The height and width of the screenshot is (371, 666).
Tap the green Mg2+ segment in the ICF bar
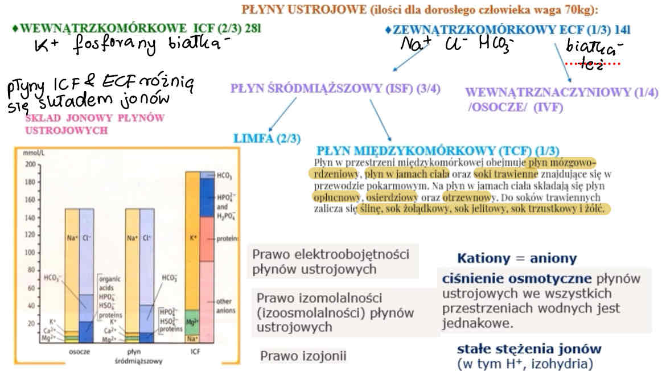tap(192, 321)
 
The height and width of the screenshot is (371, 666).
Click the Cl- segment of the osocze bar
tap(87, 239)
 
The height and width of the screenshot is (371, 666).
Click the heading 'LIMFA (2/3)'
tap(267, 138)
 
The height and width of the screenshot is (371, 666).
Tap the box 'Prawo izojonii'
tap(303, 356)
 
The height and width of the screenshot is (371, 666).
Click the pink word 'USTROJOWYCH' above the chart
tap(67, 130)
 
